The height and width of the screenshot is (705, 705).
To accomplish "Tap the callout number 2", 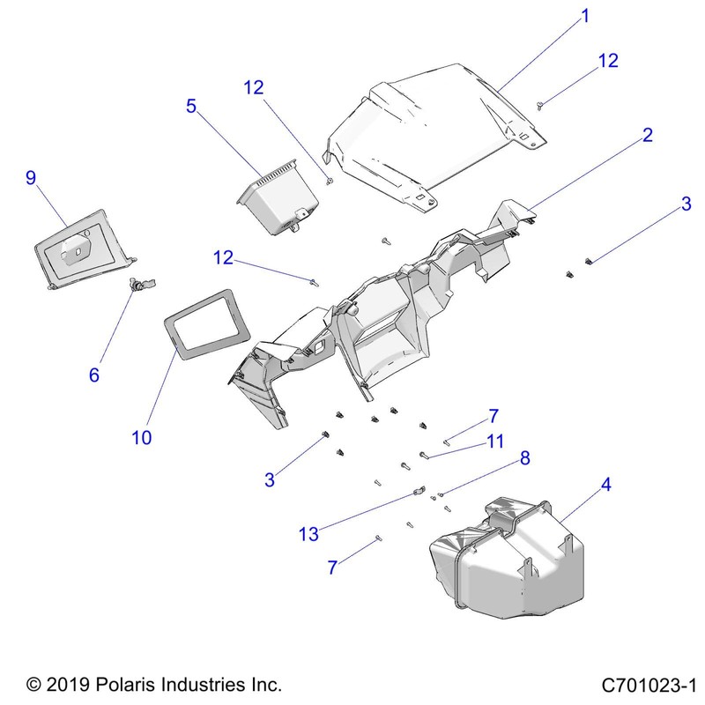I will [647, 135].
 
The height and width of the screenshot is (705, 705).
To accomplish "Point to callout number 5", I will [191, 107].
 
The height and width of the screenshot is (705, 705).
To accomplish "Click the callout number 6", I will [94, 375].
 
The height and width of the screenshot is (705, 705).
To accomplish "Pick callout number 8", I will [524, 457].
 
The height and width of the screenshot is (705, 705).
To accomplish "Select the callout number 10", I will [142, 437].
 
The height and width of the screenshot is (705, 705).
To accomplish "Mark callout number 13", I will [308, 533].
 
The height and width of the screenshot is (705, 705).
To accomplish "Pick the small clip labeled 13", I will [419, 493].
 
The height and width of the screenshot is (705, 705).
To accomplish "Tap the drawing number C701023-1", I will [649, 684].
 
